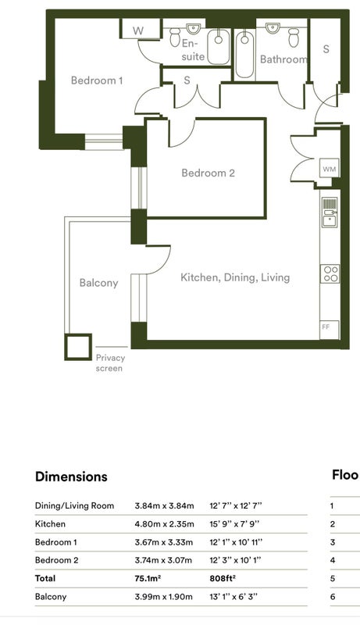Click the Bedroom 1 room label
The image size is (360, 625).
97,80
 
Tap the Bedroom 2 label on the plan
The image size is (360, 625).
208,173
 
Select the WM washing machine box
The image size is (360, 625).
330,169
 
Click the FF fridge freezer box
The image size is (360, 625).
330,330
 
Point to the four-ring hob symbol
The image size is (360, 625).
330,273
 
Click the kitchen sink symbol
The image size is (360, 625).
330,213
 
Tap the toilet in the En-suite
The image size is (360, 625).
175,37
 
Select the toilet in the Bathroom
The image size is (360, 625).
294,37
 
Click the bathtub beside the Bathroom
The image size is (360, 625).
244,55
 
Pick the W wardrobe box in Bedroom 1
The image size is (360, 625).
137,30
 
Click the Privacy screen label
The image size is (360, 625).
109,363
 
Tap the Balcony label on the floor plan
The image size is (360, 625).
98,283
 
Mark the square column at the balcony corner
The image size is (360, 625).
78,347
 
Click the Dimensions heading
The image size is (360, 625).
71,477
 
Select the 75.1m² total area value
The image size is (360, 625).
148,578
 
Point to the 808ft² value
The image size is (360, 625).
223,578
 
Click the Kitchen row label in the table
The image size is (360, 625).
50,523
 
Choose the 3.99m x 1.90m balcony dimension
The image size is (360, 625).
163,597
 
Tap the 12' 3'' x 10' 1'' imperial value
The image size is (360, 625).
235,560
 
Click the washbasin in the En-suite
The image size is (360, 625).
193,28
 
